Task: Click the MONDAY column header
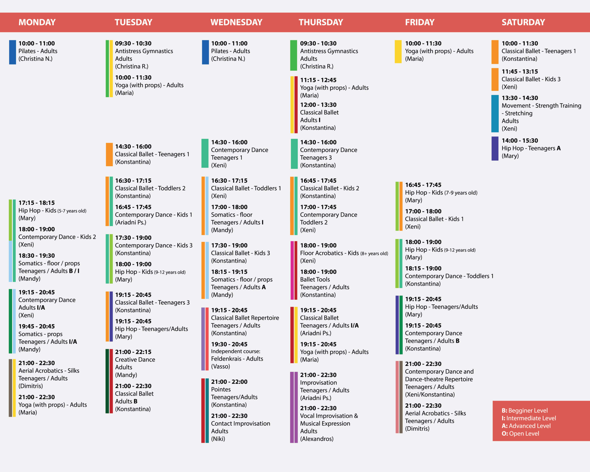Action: click(x=37, y=22)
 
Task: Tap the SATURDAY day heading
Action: click(x=523, y=22)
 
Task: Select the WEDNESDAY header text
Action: click(x=236, y=22)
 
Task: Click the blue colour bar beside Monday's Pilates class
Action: click(x=12, y=52)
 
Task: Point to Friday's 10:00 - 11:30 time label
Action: click(x=423, y=44)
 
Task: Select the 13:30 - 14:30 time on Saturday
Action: click(x=519, y=98)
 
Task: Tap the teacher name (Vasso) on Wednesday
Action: click(x=220, y=366)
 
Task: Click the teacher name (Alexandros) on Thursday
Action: click(x=317, y=439)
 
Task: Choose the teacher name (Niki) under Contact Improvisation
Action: click(x=218, y=439)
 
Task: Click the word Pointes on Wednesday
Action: click(x=221, y=389)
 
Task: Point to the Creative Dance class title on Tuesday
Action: click(x=135, y=360)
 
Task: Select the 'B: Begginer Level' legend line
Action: click(x=524, y=410)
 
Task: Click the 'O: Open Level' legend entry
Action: click(x=520, y=434)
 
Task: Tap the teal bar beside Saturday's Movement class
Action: click(x=495, y=114)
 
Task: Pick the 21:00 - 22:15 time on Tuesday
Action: click(x=133, y=352)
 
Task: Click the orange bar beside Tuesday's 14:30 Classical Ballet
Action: click(x=109, y=154)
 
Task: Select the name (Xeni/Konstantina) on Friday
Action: click(x=430, y=395)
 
